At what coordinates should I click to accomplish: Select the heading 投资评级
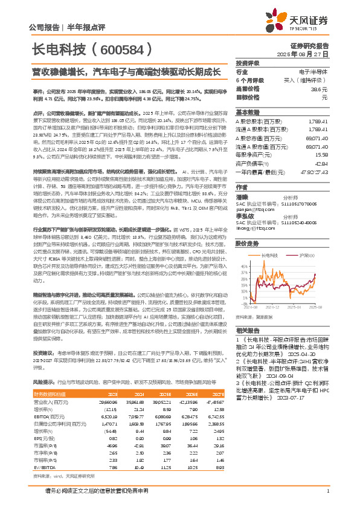pos(248,63)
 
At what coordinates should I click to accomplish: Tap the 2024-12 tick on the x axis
pos(272,308)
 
